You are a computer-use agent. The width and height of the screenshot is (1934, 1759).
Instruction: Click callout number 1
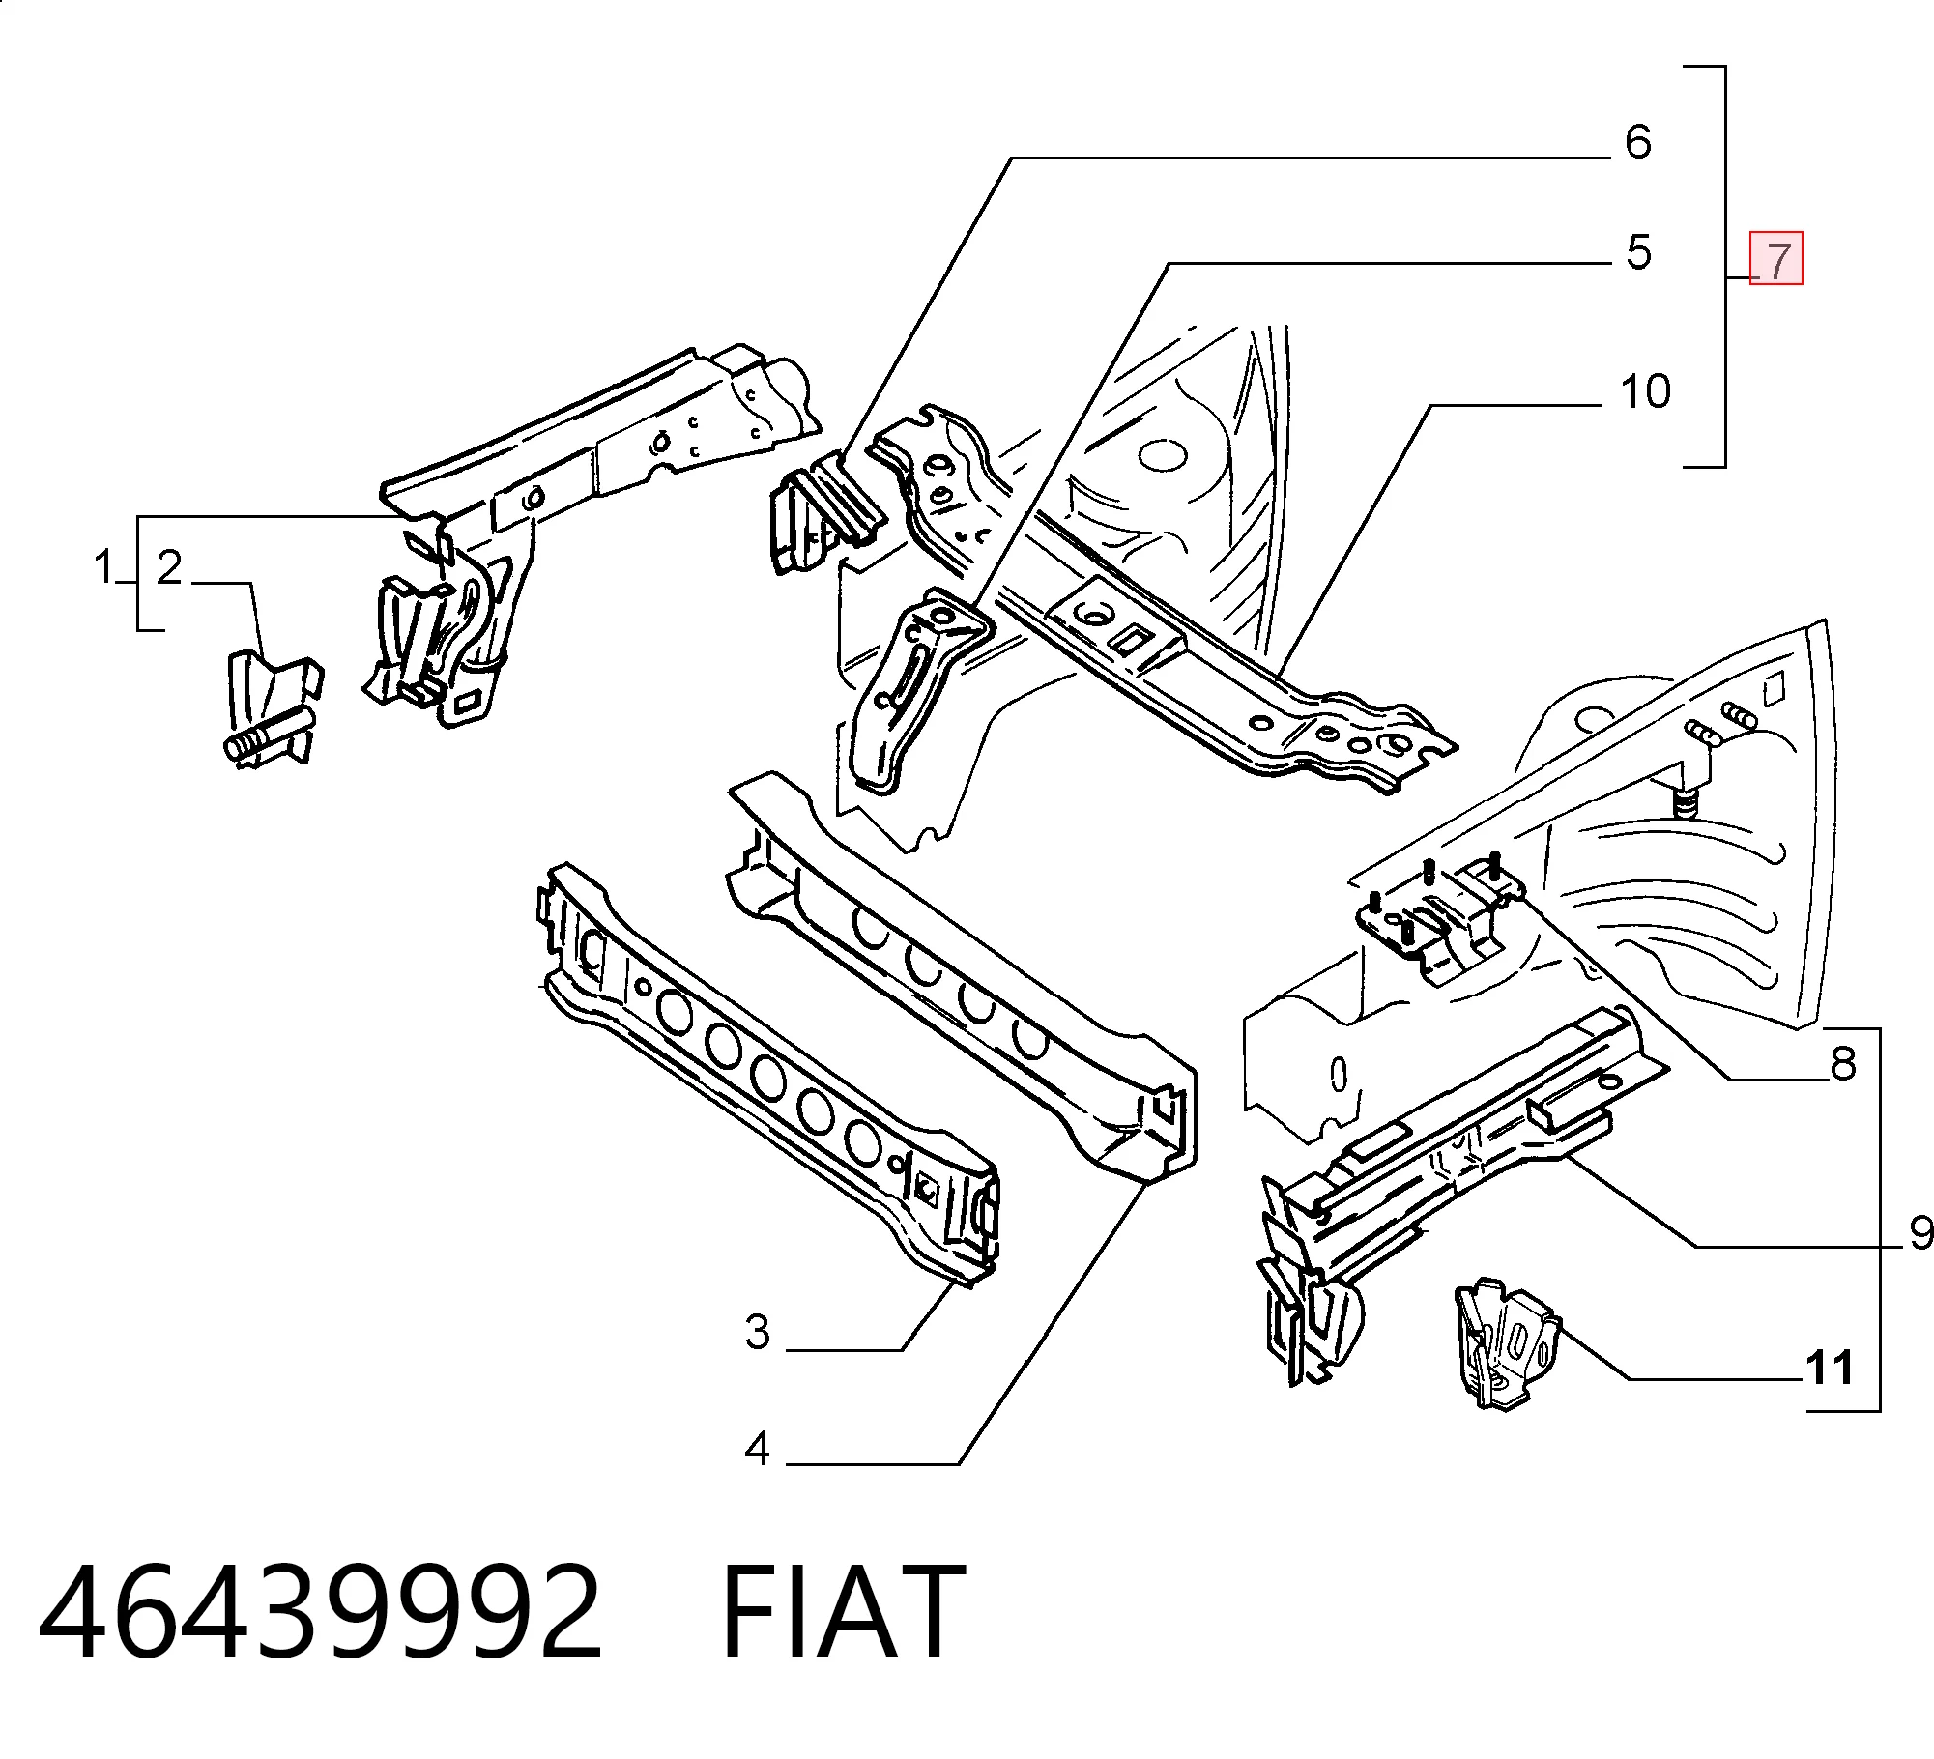click(x=104, y=566)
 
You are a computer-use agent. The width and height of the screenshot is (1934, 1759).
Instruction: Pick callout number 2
click(x=170, y=567)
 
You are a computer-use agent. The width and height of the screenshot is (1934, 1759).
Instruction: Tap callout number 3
click(x=758, y=1332)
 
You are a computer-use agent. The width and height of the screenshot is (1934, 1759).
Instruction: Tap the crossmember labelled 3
click(x=768, y=1073)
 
